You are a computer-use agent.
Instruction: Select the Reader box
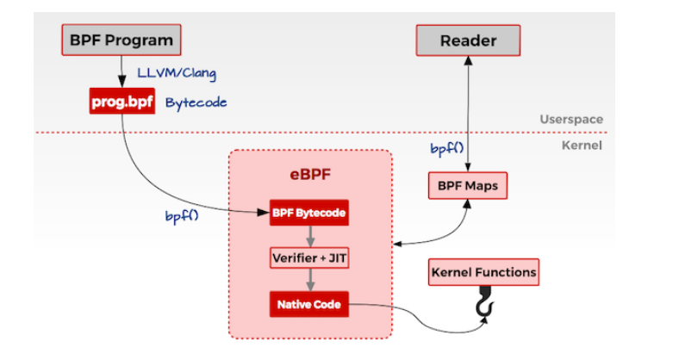tap(468, 40)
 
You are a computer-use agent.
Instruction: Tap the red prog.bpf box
tap(122, 102)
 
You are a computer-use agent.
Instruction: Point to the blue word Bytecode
tap(196, 102)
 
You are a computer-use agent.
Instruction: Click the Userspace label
tap(570, 120)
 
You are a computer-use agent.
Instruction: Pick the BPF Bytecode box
tap(308, 213)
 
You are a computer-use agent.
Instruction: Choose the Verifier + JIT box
tap(308, 258)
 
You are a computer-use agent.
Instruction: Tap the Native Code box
tap(308, 304)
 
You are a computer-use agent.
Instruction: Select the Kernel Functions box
tap(483, 273)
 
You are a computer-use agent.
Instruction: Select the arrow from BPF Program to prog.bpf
tap(122, 70)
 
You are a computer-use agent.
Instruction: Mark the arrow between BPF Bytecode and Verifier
tap(308, 235)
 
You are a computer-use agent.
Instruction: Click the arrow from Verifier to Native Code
tap(308, 281)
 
